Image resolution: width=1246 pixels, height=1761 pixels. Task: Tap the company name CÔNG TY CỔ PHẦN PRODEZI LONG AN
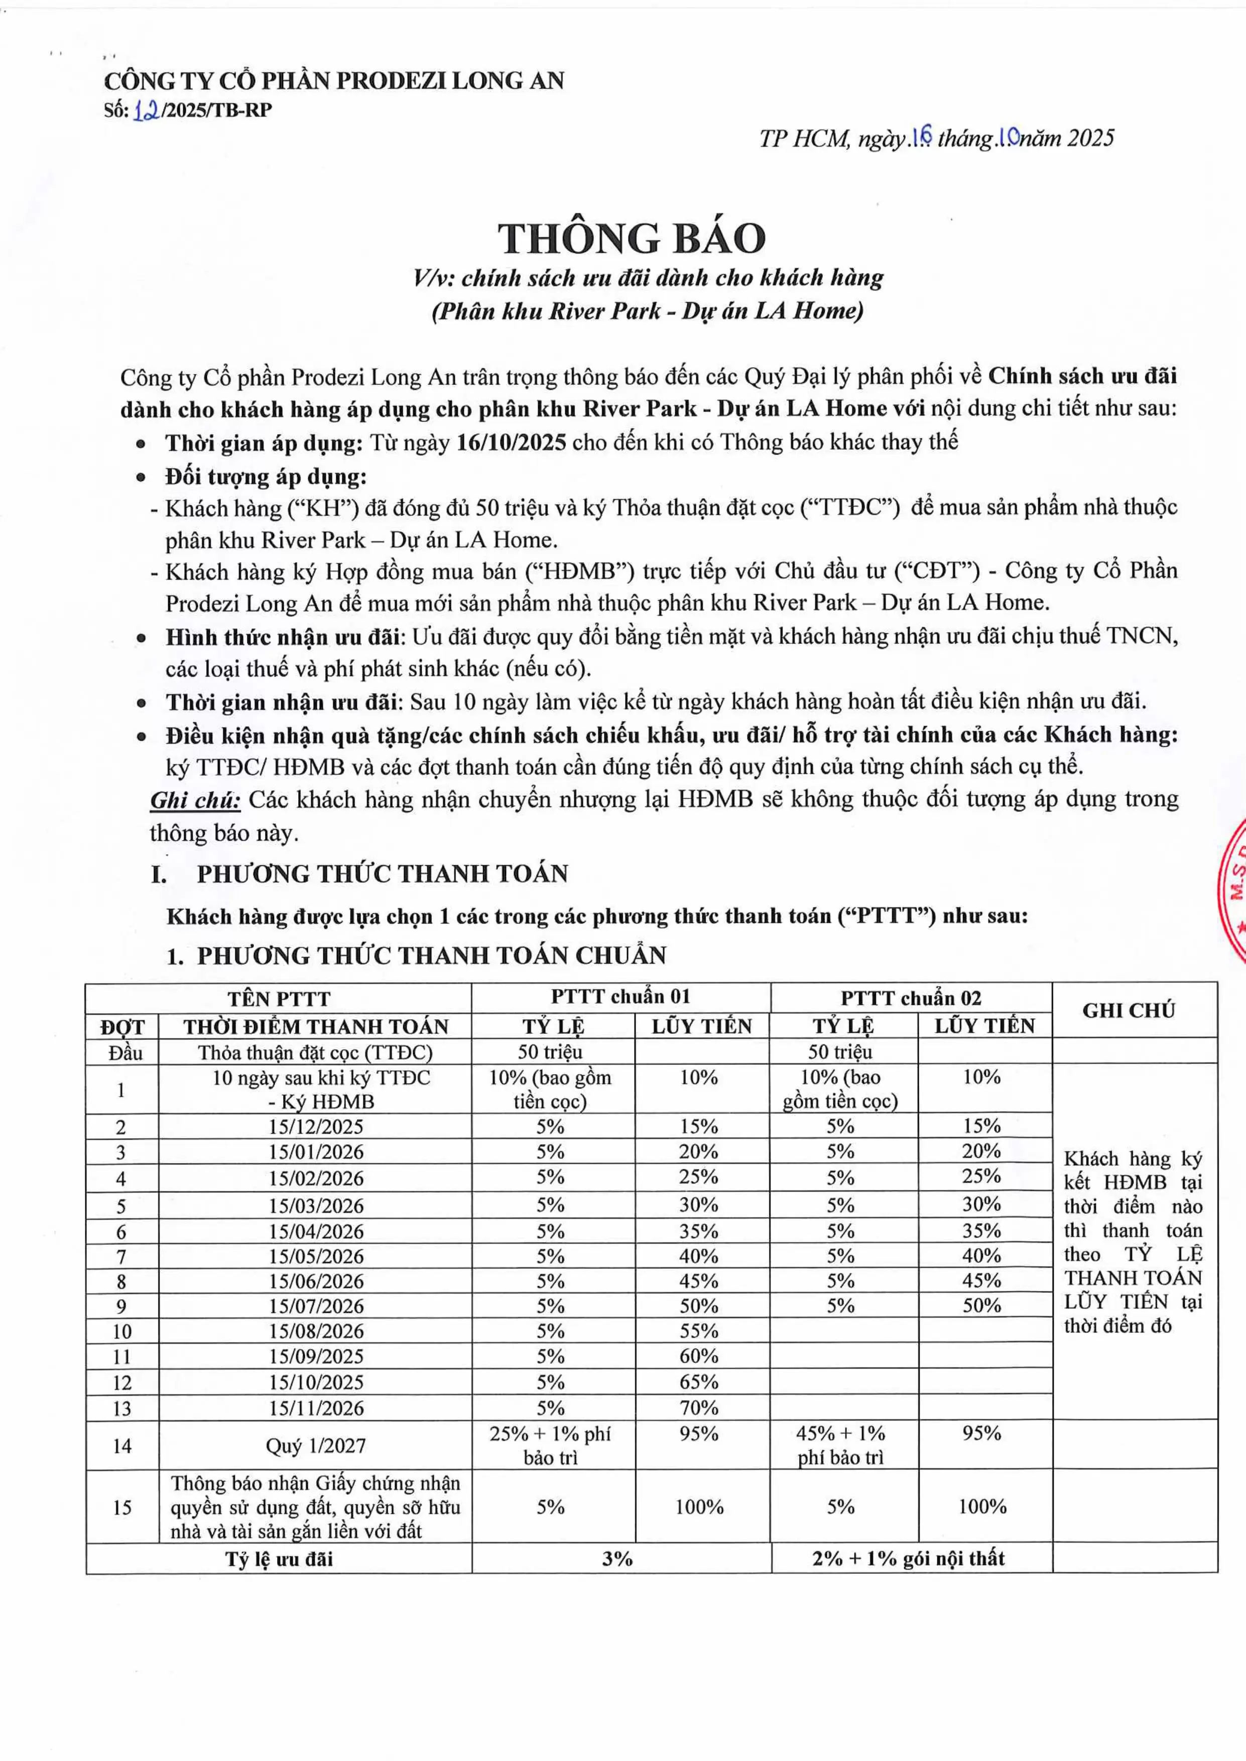pos(334,80)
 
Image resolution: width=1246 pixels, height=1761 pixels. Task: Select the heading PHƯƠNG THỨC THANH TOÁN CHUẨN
pos(431,956)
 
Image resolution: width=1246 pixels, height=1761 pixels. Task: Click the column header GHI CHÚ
pos(1129,1010)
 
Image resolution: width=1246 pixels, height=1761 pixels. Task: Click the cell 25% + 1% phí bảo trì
pos(550,1446)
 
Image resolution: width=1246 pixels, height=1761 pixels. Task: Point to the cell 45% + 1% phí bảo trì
pos(840,1446)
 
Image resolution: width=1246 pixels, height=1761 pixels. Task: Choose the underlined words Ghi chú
pos(196,800)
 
